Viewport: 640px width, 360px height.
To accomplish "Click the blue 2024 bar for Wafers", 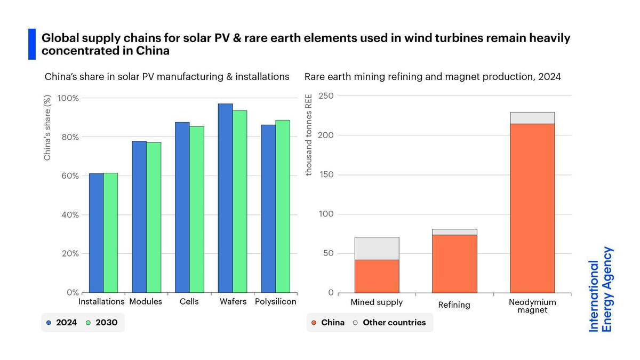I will [225, 198].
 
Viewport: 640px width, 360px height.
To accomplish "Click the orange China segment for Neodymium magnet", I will [532, 208].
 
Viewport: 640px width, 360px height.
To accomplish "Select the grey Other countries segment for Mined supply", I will [377, 248].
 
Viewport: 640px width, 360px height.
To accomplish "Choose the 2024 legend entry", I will [62, 322].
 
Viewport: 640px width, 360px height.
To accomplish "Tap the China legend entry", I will [327, 322].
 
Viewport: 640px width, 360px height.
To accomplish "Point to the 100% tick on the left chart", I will [68, 98].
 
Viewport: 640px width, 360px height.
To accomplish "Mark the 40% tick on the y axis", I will [69, 214].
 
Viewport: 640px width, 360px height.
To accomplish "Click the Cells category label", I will [189, 301].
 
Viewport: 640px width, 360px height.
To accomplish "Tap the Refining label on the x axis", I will [454, 305].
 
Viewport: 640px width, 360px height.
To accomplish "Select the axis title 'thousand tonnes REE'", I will [308, 135].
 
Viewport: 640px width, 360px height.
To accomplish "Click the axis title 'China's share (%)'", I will [47, 129].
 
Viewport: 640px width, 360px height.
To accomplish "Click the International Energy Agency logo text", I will [601, 289].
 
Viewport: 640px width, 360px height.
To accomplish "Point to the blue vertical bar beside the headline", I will [31, 44].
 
